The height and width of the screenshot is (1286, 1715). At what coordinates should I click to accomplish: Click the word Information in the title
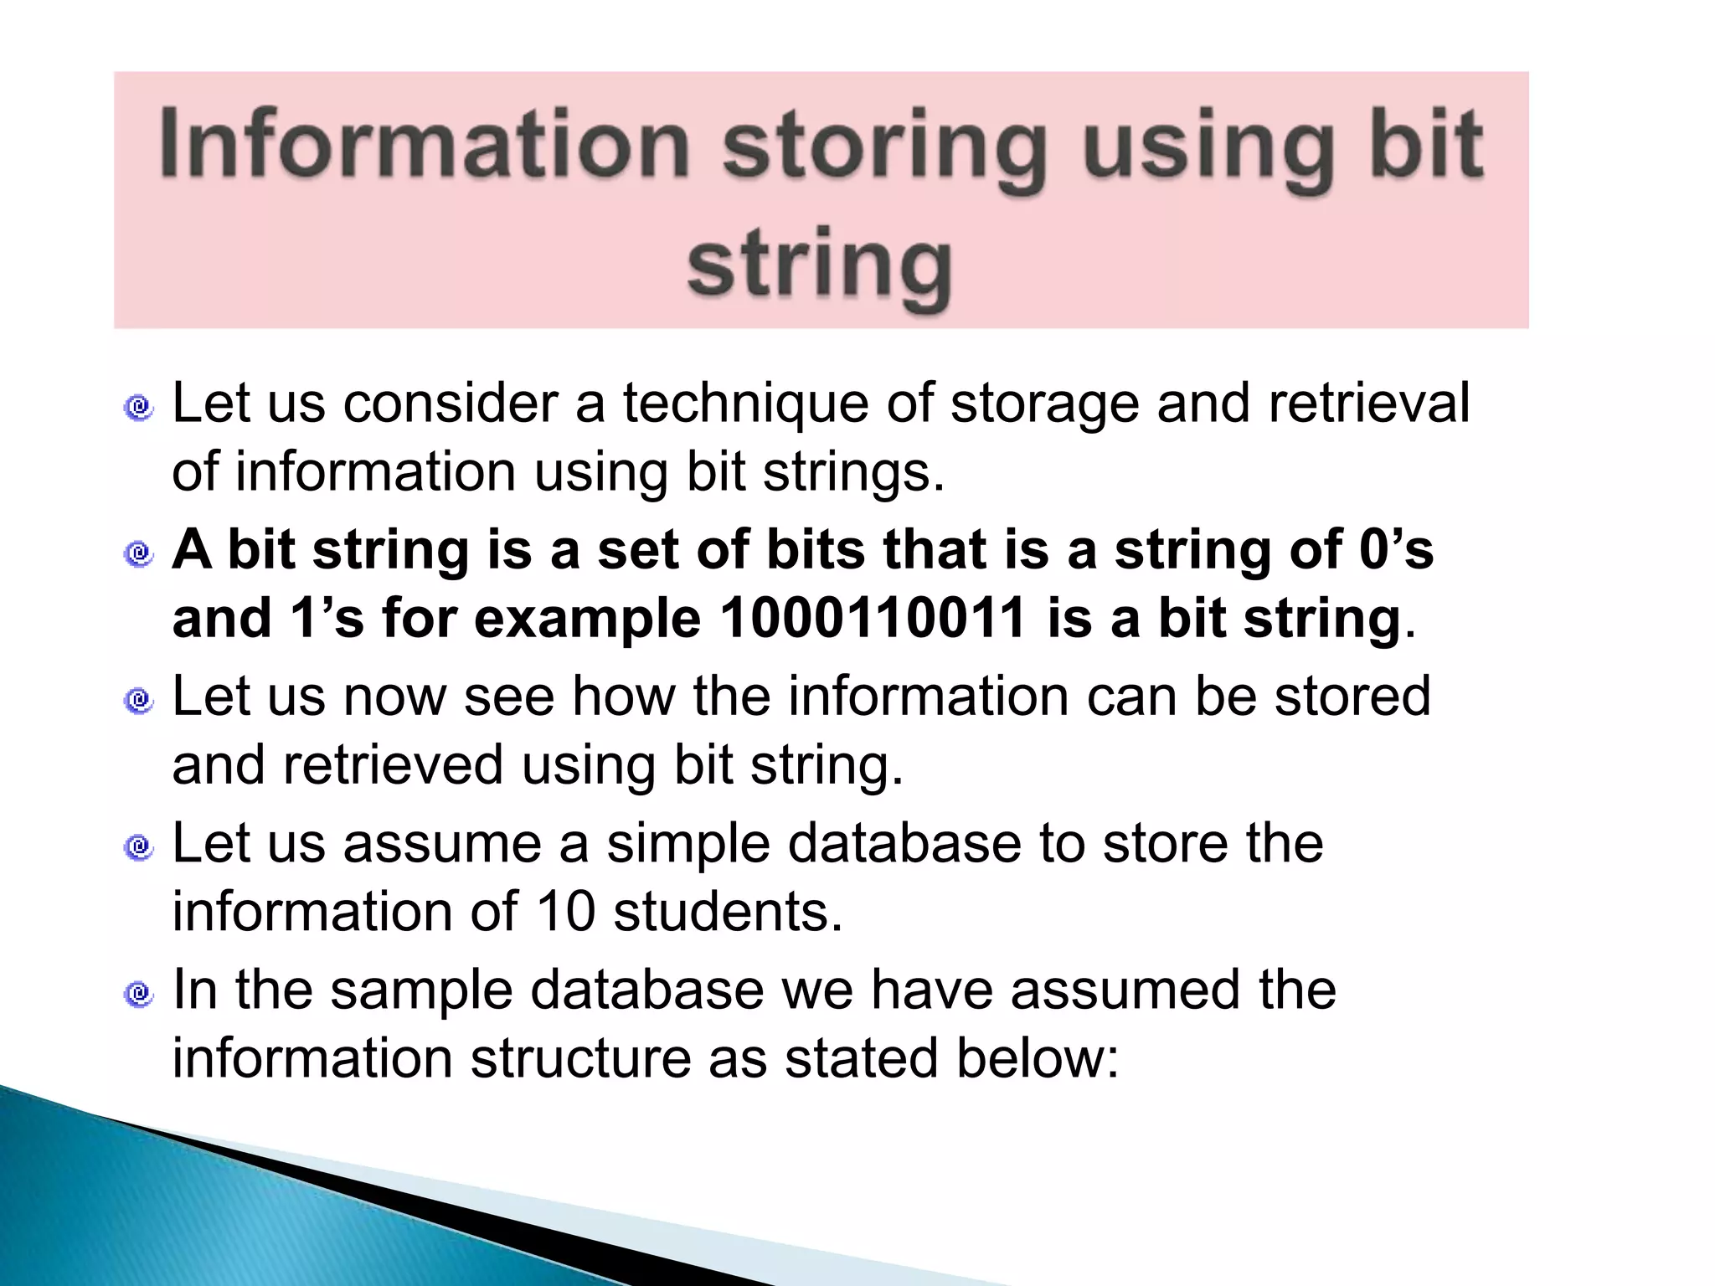tap(424, 144)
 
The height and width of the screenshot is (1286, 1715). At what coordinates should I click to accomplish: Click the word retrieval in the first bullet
tap(1368, 404)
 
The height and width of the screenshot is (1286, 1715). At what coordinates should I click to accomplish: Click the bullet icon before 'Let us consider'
tap(139, 408)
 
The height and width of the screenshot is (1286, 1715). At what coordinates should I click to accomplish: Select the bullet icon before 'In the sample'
tap(139, 994)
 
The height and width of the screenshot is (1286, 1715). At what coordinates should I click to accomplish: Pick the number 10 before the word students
tap(565, 912)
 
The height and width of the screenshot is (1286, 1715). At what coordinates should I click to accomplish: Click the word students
tap(727, 912)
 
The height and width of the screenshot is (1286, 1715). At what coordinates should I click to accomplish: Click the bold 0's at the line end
tap(1396, 550)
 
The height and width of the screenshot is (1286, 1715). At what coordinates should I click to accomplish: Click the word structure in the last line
tap(579, 1058)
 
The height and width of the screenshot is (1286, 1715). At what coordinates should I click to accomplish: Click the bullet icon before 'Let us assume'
tap(139, 847)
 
